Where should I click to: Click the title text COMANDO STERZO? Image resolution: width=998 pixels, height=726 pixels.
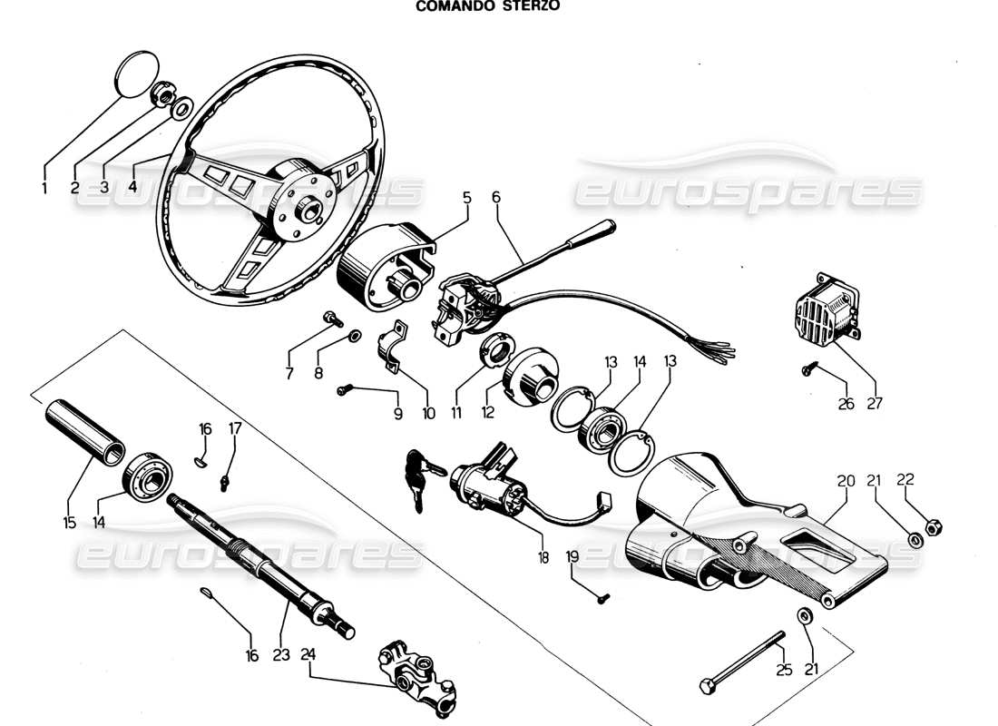pos(487,5)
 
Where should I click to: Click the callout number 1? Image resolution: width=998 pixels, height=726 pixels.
pos(43,189)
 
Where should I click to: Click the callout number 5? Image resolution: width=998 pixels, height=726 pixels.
pos(466,196)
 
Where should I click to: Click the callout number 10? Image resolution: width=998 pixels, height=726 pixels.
pos(428,413)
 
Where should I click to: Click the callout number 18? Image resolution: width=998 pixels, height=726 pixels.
pos(543,558)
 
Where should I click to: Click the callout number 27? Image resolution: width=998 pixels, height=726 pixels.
pos(875,404)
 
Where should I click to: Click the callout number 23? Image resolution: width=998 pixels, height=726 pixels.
pos(281,653)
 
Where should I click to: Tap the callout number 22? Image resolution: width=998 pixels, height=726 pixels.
pos(905,478)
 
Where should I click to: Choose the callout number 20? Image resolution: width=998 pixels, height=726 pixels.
pos(846,478)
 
